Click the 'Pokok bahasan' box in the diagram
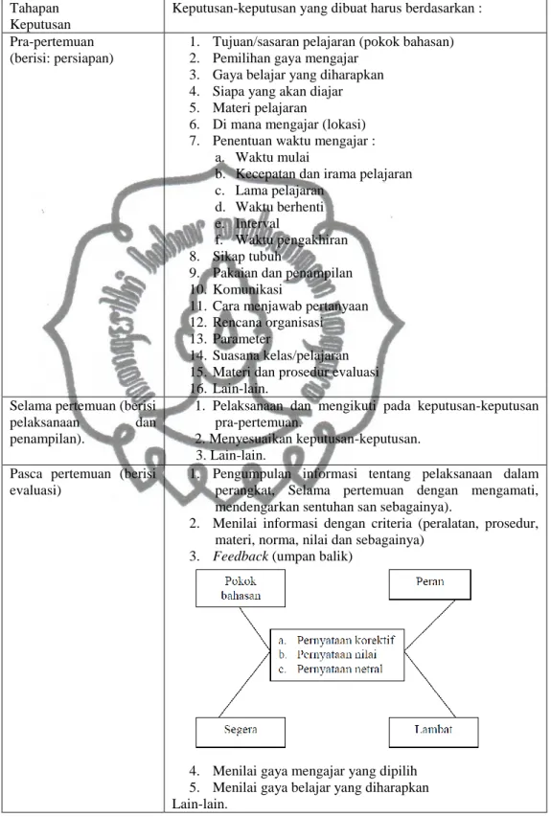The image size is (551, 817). (241, 588)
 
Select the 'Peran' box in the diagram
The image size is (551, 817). (430, 584)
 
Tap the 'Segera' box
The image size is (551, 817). (241, 732)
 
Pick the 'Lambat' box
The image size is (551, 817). (433, 732)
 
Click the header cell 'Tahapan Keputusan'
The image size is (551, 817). (40, 16)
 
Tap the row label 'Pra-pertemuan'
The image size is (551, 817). (52, 42)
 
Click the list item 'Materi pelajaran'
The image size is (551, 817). (260, 108)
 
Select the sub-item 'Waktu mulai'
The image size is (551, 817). (272, 157)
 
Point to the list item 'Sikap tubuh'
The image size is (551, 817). (246, 257)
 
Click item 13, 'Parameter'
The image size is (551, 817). (241, 339)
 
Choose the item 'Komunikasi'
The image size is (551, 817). (247, 289)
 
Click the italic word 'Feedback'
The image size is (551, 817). (241, 556)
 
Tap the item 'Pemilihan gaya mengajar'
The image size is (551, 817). (286, 58)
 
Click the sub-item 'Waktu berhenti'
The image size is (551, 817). (280, 207)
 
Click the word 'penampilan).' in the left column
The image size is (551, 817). (47, 440)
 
